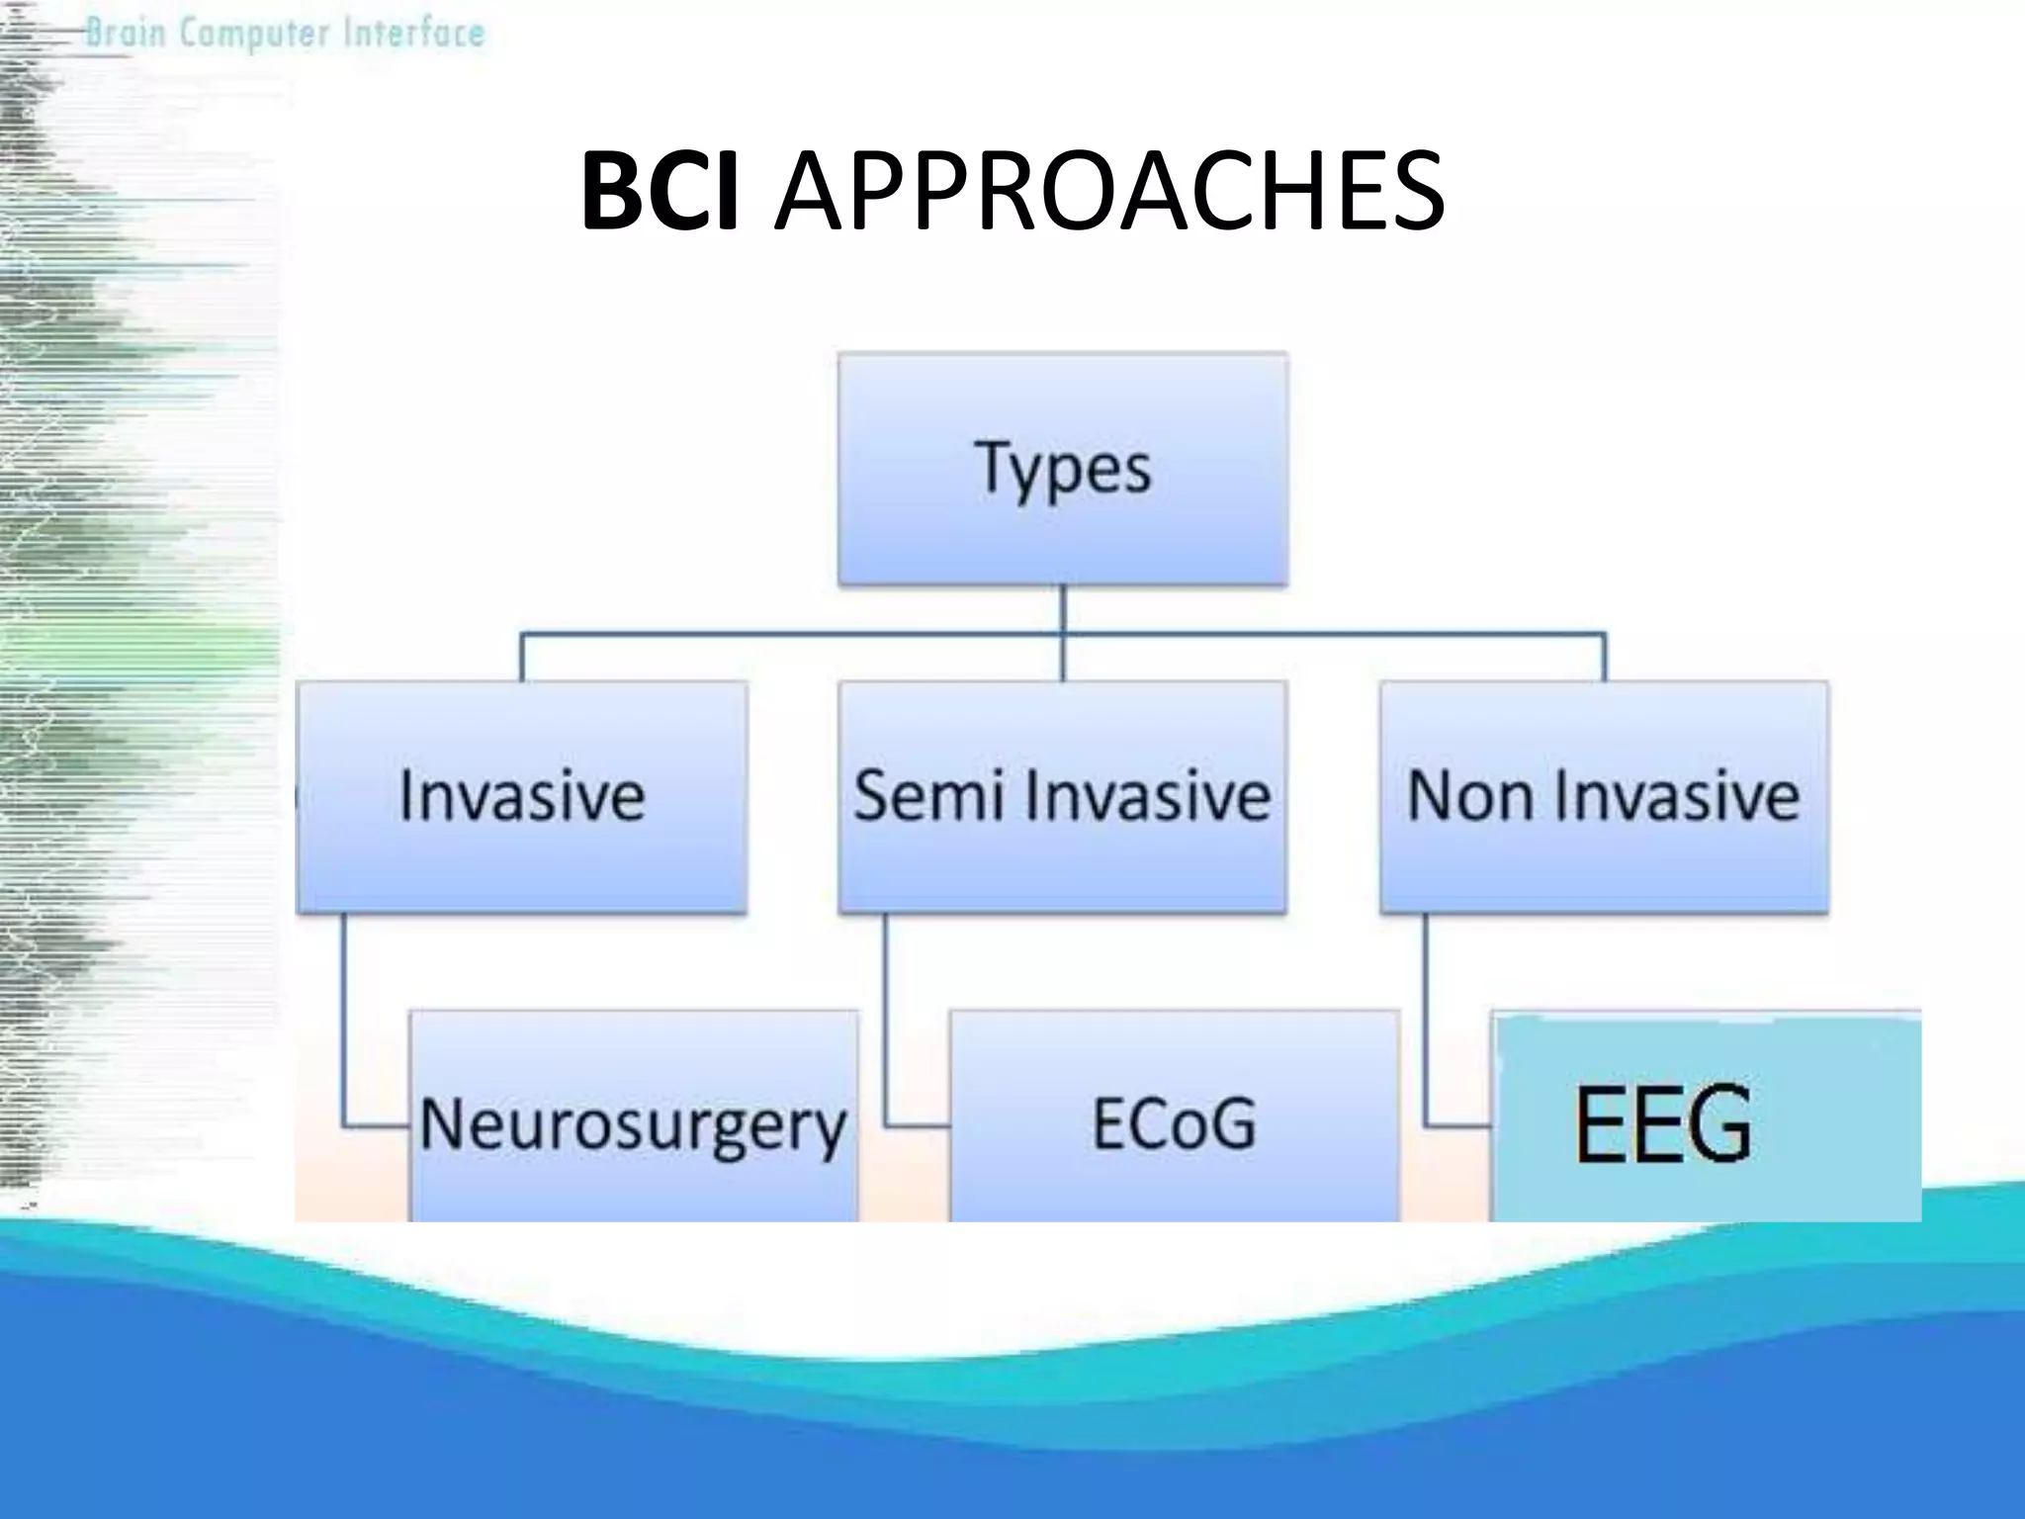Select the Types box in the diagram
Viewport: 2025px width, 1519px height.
(x=1063, y=469)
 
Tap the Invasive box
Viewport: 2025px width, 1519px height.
(x=521, y=797)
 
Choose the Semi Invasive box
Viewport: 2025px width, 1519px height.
(x=1062, y=797)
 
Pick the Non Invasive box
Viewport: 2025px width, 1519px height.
(x=1603, y=797)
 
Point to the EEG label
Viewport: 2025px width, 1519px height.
(x=1663, y=1124)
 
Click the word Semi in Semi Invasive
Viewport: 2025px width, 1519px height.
(x=928, y=797)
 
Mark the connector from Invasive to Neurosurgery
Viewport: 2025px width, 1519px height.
(x=345, y=1028)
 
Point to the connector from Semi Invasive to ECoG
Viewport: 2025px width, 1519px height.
(x=886, y=1028)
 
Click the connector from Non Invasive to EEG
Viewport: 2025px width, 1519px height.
(x=1427, y=1028)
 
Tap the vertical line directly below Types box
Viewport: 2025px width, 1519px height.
(x=1063, y=608)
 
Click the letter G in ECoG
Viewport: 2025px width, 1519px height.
(x=1229, y=1124)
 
